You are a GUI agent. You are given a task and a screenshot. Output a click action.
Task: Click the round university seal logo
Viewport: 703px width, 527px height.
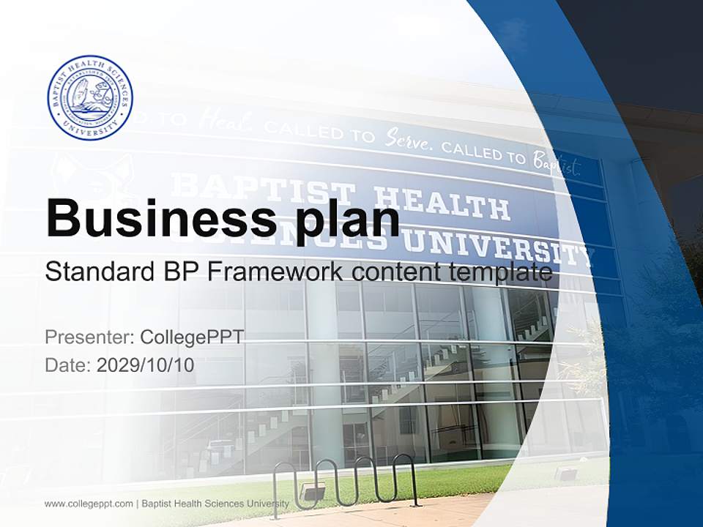(x=90, y=98)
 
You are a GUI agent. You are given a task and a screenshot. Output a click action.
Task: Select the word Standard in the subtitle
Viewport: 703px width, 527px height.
(x=96, y=272)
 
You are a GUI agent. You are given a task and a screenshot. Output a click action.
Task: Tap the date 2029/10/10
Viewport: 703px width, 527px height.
(x=146, y=365)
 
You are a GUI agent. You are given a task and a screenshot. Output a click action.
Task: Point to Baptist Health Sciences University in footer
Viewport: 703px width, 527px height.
(x=215, y=504)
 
